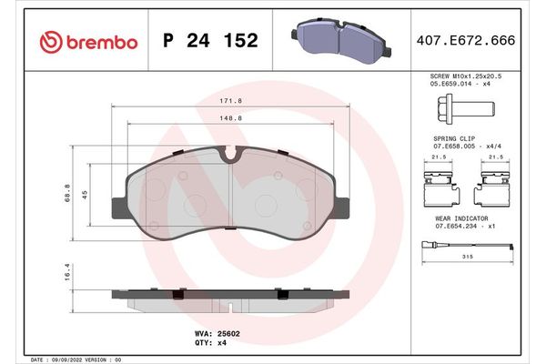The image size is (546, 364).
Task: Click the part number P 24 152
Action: (209, 42)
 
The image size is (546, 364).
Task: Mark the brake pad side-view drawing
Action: (231, 296)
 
